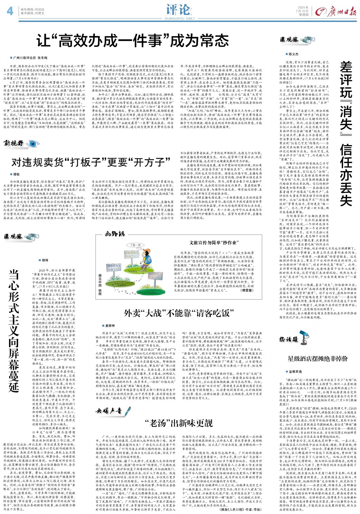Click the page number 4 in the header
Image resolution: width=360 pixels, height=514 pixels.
pos(10,11)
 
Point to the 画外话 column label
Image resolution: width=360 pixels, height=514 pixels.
pos(114,234)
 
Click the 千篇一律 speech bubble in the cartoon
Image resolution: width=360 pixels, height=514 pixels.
pos(135,245)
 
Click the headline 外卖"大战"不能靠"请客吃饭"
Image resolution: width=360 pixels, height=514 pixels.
pos(179,313)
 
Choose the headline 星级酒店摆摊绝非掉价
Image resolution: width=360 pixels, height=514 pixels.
pos(317,358)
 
